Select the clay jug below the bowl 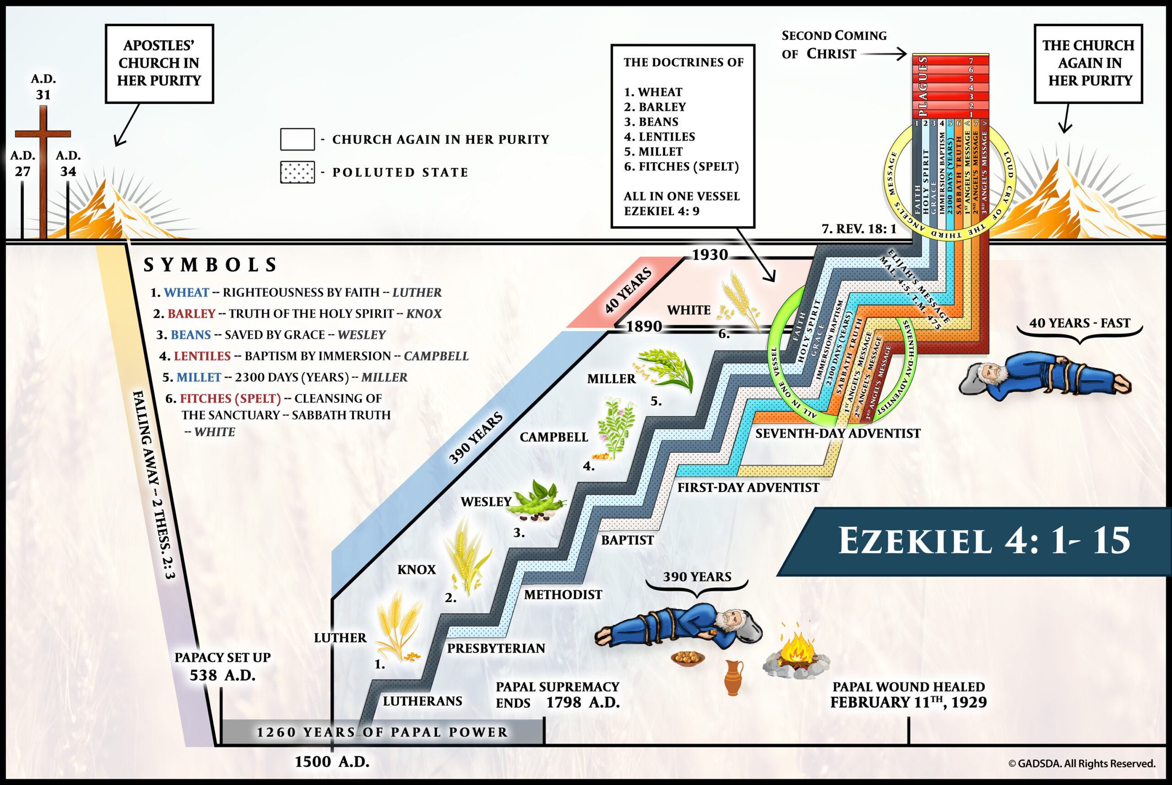click(x=733, y=678)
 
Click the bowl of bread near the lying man click(x=688, y=658)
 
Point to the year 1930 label click(x=710, y=255)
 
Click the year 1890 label click(x=644, y=327)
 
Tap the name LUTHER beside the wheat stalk click(x=340, y=638)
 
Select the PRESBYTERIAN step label click(x=496, y=649)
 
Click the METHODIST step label click(x=563, y=595)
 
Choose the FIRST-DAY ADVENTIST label click(x=748, y=488)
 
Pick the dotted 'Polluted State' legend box click(x=297, y=172)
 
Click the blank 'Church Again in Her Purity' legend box click(x=297, y=139)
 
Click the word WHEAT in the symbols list click(x=186, y=292)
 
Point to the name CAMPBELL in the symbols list click(x=436, y=356)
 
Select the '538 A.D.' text click(x=222, y=676)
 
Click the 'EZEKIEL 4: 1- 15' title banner click(x=983, y=541)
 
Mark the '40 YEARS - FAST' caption click(x=1080, y=323)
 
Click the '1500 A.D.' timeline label click(x=332, y=762)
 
